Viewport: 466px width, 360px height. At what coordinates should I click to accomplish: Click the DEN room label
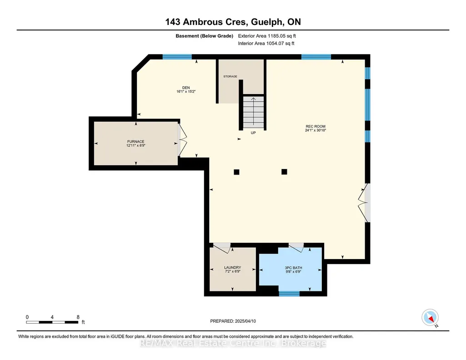tap(186, 88)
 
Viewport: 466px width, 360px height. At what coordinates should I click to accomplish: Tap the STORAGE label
tap(230, 76)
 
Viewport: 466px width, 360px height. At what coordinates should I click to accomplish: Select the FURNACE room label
tap(136, 142)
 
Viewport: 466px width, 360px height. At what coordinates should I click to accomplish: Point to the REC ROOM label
tap(316, 126)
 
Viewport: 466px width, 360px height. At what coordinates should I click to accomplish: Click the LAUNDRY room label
tap(233, 268)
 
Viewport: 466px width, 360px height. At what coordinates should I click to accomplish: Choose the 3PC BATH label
tap(294, 268)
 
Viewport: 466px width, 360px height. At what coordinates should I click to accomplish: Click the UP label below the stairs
tap(253, 133)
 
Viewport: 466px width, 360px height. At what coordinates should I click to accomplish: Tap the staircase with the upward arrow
tap(254, 112)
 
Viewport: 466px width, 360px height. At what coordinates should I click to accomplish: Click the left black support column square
tap(236, 172)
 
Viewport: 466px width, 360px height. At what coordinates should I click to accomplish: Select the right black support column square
tap(285, 172)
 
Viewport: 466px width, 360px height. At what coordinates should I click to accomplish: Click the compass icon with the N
tap(430, 318)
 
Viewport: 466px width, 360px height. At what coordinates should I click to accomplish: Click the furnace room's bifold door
tap(182, 140)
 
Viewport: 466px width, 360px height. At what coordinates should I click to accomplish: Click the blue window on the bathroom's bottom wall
tap(289, 294)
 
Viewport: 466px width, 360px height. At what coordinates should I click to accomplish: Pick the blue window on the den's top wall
tap(177, 57)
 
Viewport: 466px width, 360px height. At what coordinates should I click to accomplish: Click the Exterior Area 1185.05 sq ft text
tap(267, 36)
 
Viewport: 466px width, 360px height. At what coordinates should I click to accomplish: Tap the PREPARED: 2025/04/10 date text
tap(233, 321)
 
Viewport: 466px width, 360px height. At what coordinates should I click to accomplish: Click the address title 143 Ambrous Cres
tap(205, 22)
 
